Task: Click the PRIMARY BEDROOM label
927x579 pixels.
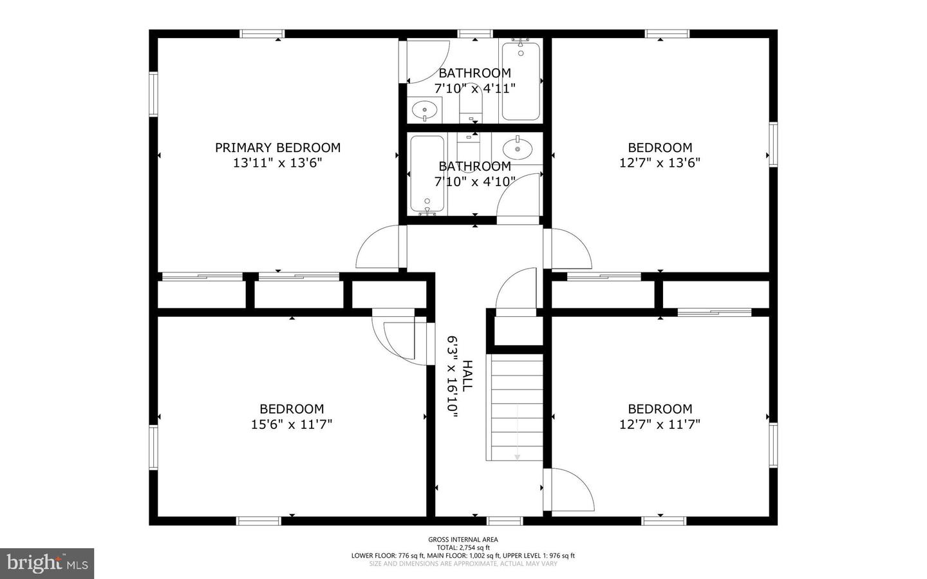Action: tap(277, 147)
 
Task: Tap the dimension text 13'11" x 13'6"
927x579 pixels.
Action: tap(277, 163)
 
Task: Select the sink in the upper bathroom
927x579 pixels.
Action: tap(424, 110)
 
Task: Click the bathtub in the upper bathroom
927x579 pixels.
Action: tap(521, 81)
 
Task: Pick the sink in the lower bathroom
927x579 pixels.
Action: tap(518, 149)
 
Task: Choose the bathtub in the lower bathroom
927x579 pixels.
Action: tap(427, 173)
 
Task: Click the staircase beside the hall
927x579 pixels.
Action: tap(514, 407)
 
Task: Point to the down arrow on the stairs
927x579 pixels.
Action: tap(518, 432)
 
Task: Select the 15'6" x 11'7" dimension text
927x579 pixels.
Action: tap(292, 424)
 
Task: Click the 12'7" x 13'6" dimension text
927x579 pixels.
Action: tap(660, 163)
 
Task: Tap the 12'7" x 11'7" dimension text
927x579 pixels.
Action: tap(660, 424)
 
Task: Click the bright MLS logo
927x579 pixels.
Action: tap(47, 564)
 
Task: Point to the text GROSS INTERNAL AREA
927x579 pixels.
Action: tap(463, 539)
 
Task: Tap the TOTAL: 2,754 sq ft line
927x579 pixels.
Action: tap(463, 547)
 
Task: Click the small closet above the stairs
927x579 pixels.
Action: tap(519, 330)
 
